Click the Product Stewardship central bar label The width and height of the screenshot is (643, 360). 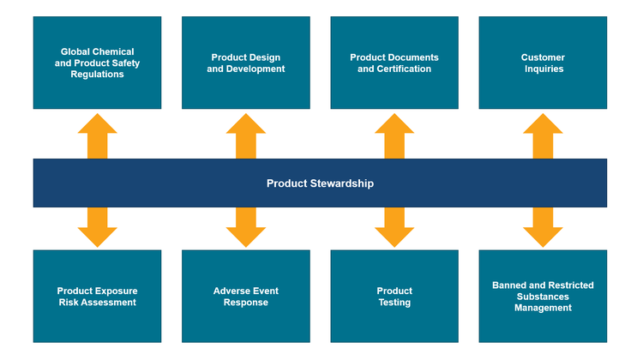[x=320, y=183]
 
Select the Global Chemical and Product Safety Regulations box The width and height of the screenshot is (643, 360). [x=97, y=63]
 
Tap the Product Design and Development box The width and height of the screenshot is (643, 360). [x=246, y=63]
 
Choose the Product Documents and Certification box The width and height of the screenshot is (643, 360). [x=394, y=63]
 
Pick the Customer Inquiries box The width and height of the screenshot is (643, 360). [x=543, y=63]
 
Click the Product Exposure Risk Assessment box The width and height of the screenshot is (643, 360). [x=97, y=297]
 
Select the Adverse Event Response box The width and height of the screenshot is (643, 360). [x=246, y=297]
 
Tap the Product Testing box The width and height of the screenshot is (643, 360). [x=394, y=297]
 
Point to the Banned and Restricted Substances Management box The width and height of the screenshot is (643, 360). [x=543, y=297]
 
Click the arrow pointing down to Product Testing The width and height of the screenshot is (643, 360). [x=394, y=227]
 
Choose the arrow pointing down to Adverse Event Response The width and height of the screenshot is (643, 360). [x=246, y=227]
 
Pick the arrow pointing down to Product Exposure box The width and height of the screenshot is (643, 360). [x=97, y=227]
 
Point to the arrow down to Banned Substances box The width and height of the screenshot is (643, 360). [x=543, y=227]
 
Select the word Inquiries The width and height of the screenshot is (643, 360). [x=543, y=69]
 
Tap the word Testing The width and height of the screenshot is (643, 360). [x=394, y=303]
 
